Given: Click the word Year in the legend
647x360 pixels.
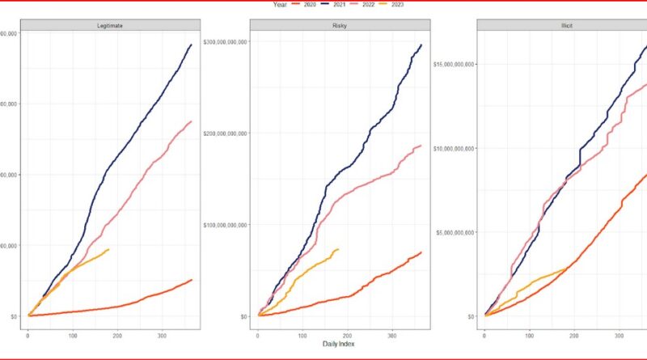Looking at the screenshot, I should tap(281, 4).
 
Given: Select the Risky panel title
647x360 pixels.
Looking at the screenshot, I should tap(339, 25).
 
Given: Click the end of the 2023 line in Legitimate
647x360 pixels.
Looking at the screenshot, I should tap(108, 250).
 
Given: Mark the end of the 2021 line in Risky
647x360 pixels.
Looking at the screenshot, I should tap(422, 45).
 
